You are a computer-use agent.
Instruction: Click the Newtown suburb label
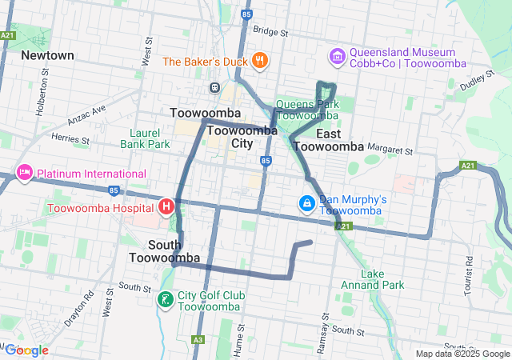coord(47,55)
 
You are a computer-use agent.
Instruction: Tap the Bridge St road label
coord(270,32)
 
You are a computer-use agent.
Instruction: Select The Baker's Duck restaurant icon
coord(260,61)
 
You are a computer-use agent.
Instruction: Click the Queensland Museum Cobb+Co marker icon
coord(337,56)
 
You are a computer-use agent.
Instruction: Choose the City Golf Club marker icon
coord(166,300)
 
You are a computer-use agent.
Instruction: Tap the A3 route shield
coord(197,340)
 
